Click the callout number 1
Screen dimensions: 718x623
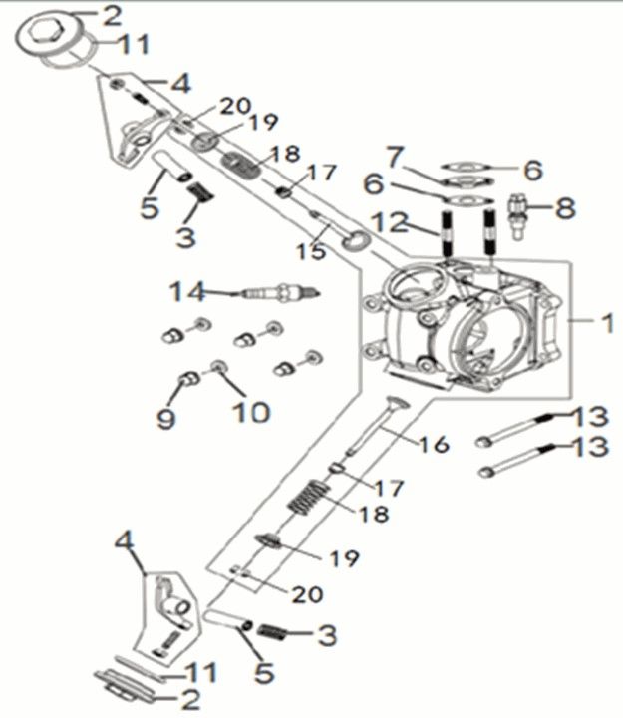click(x=606, y=323)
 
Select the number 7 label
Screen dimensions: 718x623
click(x=395, y=156)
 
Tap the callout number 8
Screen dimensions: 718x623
click(x=565, y=209)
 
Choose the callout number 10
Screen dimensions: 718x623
click(x=250, y=411)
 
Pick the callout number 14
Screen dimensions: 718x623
click(x=185, y=292)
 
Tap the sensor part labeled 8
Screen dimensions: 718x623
click(x=520, y=211)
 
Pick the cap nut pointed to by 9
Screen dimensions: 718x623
click(x=184, y=381)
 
